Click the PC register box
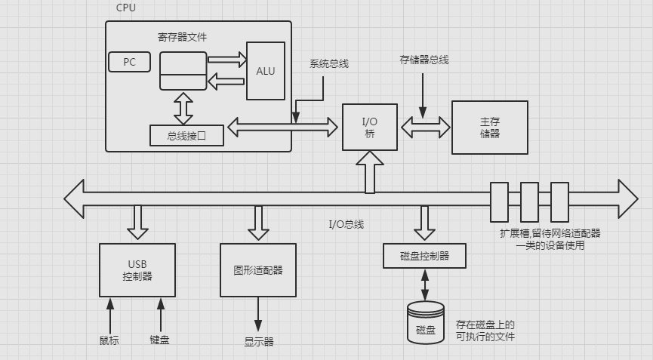point(129,62)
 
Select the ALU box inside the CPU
point(266,72)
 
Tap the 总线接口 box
point(186,136)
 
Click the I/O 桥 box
point(369,127)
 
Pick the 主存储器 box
point(489,127)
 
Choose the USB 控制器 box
point(137,269)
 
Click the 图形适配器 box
point(257,269)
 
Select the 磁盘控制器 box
point(424,256)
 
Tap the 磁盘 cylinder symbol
point(426,324)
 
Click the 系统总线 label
point(329,63)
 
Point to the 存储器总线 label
point(424,59)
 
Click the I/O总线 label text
point(346,224)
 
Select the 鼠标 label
point(109,340)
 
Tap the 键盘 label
point(159,340)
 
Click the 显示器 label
point(258,341)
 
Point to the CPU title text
point(126,7)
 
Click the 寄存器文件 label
point(182,36)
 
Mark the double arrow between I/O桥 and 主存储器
point(424,127)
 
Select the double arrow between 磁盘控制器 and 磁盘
point(424,284)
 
